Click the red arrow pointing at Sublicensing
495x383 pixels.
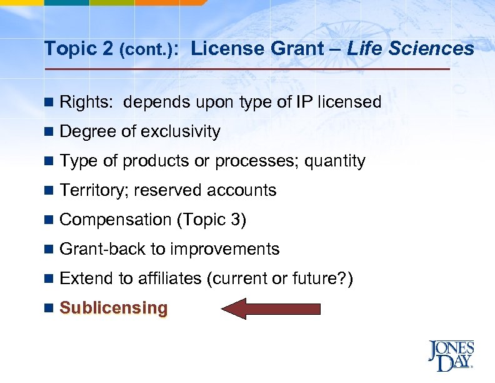point(271,309)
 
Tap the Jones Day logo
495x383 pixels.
point(451,356)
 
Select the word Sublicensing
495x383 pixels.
point(114,308)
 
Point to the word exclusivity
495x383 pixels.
point(181,131)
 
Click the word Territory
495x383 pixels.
point(94,190)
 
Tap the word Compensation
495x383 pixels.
point(116,220)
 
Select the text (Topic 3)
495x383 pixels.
point(212,220)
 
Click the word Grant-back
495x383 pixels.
point(102,249)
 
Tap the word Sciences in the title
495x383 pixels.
point(441,48)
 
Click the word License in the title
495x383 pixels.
point(222,48)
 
